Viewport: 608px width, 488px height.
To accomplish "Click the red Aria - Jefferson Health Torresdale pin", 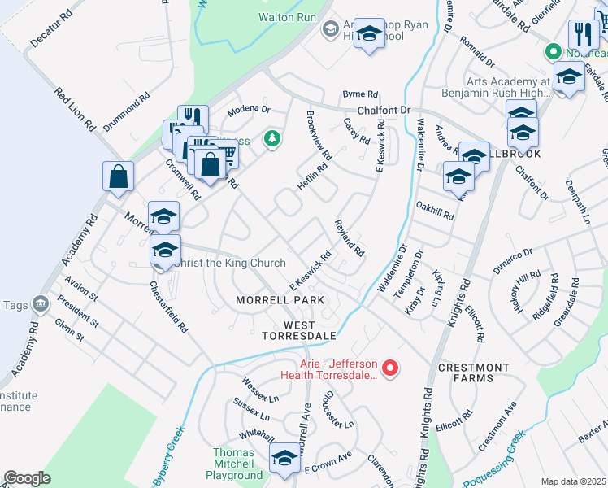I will [x=390, y=369].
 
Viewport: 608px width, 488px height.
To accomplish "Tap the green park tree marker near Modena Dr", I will [x=272, y=140].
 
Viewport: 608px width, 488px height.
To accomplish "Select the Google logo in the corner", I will [x=27, y=478].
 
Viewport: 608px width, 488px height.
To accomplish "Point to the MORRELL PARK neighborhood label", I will [x=280, y=300].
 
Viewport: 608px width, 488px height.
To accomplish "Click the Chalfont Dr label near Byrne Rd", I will [x=385, y=111].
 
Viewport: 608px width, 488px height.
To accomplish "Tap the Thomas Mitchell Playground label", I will [x=238, y=464].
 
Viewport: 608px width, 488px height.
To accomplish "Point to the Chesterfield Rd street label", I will [x=169, y=307].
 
